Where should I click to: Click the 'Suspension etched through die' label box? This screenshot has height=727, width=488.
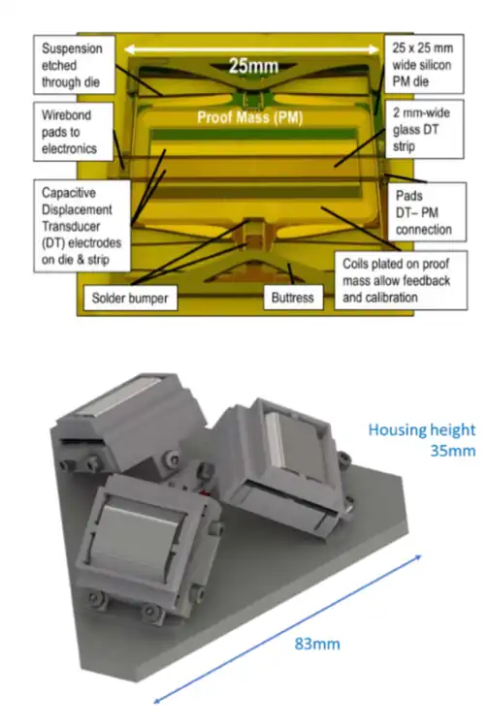pyautogui.click(x=75, y=65)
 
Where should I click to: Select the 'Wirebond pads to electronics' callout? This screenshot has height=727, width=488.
pyautogui.click(x=74, y=132)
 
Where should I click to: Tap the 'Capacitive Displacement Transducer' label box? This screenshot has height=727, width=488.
pyautogui.click(x=82, y=226)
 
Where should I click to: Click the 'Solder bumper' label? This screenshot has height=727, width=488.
pyautogui.click(x=130, y=298)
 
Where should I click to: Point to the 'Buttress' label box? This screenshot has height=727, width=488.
pyautogui.click(x=293, y=298)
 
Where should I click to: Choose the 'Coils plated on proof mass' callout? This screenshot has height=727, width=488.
pyautogui.click(x=401, y=280)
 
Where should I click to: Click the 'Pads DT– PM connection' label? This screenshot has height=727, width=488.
pyautogui.click(x=427, y=212)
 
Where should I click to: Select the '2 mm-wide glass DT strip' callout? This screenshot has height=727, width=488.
pyautogui.click(x=424, y=129)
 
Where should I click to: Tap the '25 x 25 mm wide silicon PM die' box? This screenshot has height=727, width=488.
pyautogui.click(x=424, y=64)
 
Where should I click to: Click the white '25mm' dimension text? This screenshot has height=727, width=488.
pyautogui.click(x=253, y=66)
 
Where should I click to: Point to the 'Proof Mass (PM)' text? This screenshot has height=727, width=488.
pyautogui.click(x=250, y=117)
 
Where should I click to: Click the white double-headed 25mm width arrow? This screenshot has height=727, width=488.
pyautogui.click(x=252, y=49)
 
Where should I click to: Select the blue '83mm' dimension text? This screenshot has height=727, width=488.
pyautogui.click(x=317, y=644)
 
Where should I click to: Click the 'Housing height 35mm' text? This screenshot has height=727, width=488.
pyautogui.click(x=422, y=439)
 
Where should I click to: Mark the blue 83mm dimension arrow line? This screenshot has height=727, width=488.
pyautogui.click(x=287, y=629)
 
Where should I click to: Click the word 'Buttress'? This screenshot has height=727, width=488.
pyautogui.click(x=293, y=298)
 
